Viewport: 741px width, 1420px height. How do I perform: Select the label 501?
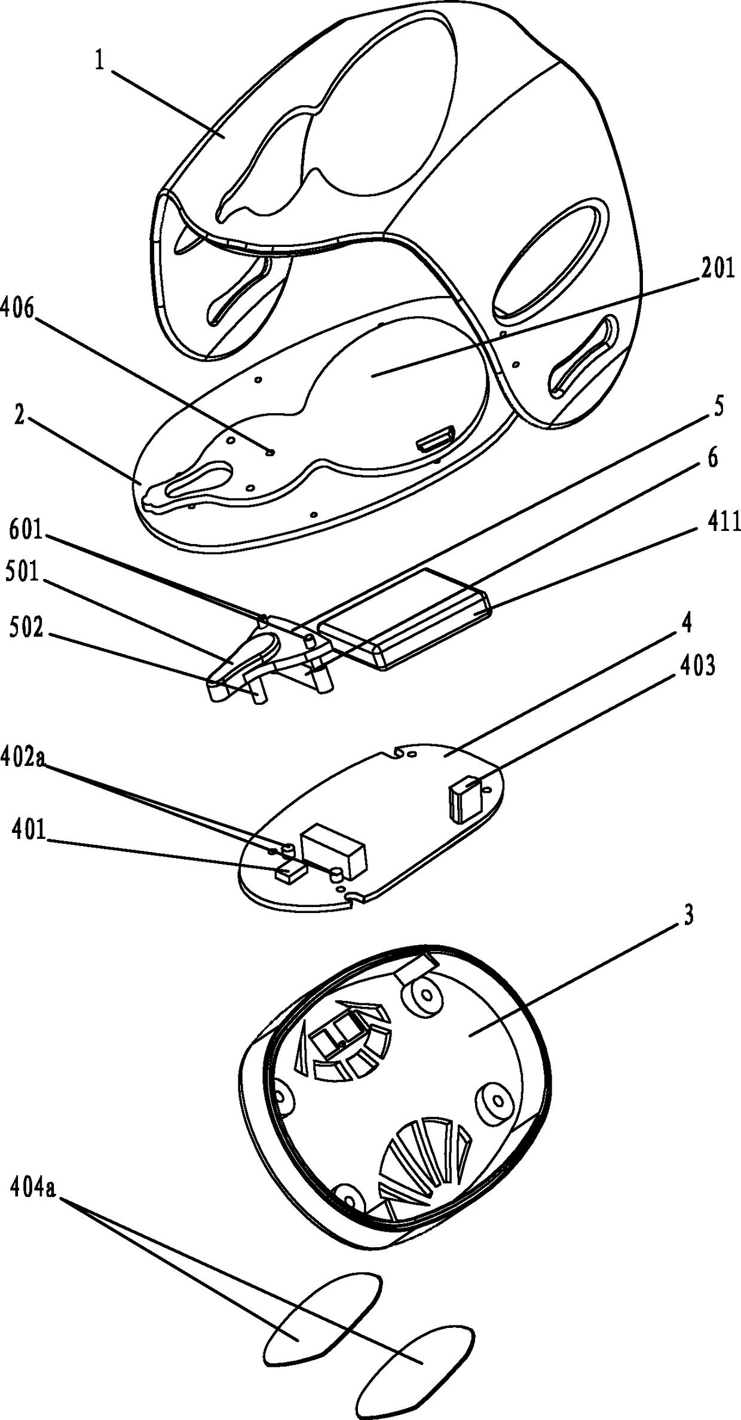[x=22, y=574]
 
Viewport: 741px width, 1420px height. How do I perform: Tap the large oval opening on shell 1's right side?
[x=550, y=257]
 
